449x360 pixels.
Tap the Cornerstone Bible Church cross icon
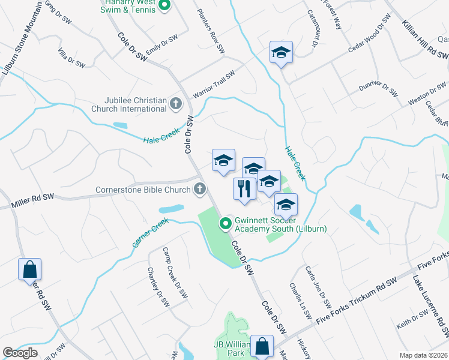[200, 190]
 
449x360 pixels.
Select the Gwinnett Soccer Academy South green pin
[226, 224]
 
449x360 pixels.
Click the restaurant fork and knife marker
[244, 188]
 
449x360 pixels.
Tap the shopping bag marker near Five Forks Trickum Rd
[262, 346]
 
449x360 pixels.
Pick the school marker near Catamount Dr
[281, 53]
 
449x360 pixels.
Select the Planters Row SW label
[211, 30]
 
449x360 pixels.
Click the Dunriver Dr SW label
[378, 88]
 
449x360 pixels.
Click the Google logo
[20, 353]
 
